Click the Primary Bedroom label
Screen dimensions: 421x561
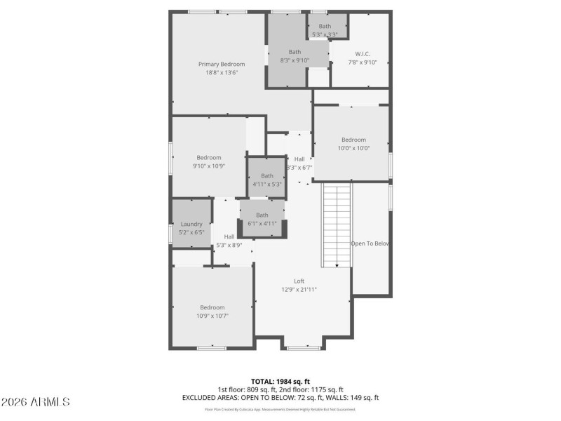[x=222, y=64]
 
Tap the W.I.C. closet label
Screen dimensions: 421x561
[x=363, y=53]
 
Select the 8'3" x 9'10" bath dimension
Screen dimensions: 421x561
[x=295, y=60]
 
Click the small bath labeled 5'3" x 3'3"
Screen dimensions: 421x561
[x=325, y=34]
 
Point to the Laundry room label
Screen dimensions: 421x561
[x=191, y=224]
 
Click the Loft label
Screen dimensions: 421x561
[x=299, y=281]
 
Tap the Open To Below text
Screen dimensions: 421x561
[x=370, y=243]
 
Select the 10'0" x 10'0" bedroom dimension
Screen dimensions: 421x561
[x=353, y=148]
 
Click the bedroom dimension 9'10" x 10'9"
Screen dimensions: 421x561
[x=209, y=166]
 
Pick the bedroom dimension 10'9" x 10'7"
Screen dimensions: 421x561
[x=212, y=316]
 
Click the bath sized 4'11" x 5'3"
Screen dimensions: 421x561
[x=267, y=185]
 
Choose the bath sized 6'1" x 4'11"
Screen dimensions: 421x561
[x=262, y=223]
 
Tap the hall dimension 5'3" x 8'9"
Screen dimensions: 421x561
[x=229, y=245]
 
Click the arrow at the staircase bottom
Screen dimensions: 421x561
[x=337, y=265]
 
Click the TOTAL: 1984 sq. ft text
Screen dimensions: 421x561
[x=280, y=382]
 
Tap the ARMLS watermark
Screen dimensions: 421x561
[x=35, y=402]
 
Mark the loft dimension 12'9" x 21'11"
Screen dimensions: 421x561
[x=299, y=289]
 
